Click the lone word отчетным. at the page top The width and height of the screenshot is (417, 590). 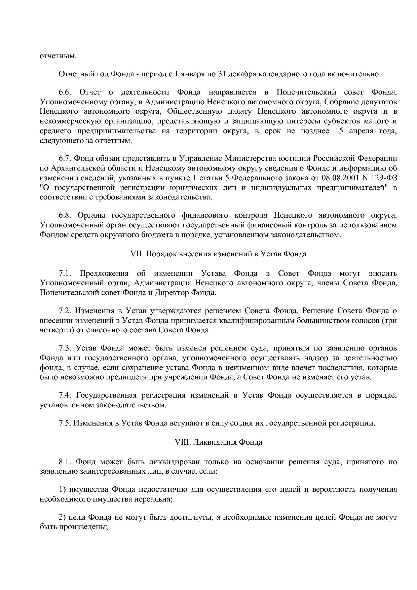[58, 56]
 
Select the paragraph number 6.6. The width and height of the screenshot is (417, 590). [66, 92]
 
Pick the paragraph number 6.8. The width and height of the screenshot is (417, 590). [66, 215]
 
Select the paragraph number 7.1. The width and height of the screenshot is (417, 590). [66, 273]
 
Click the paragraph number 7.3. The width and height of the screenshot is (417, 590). [66, 348]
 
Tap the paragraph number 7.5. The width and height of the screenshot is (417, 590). [66, 423]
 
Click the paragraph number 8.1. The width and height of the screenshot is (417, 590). [66, 462]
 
